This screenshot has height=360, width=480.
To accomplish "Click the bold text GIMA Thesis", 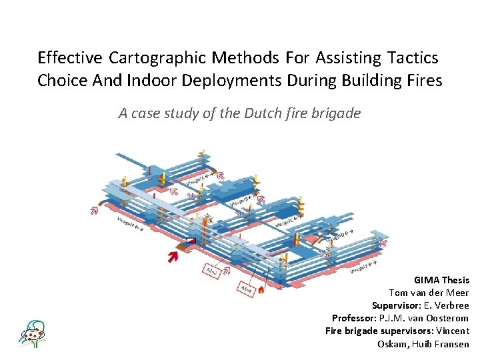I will [441, 281].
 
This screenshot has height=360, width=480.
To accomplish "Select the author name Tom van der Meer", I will [429, 293].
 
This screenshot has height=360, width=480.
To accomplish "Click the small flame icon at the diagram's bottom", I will [261, 290].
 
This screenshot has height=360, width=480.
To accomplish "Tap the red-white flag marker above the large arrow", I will [191, 241].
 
